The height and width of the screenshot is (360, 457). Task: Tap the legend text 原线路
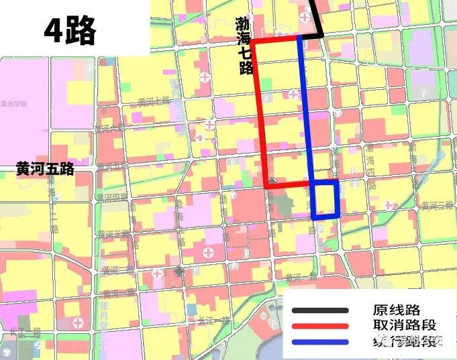(x=396, y=310)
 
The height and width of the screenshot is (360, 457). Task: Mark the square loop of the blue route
(x=325, y=199)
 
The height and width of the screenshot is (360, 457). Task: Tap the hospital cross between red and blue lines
(x=293, y=95)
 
